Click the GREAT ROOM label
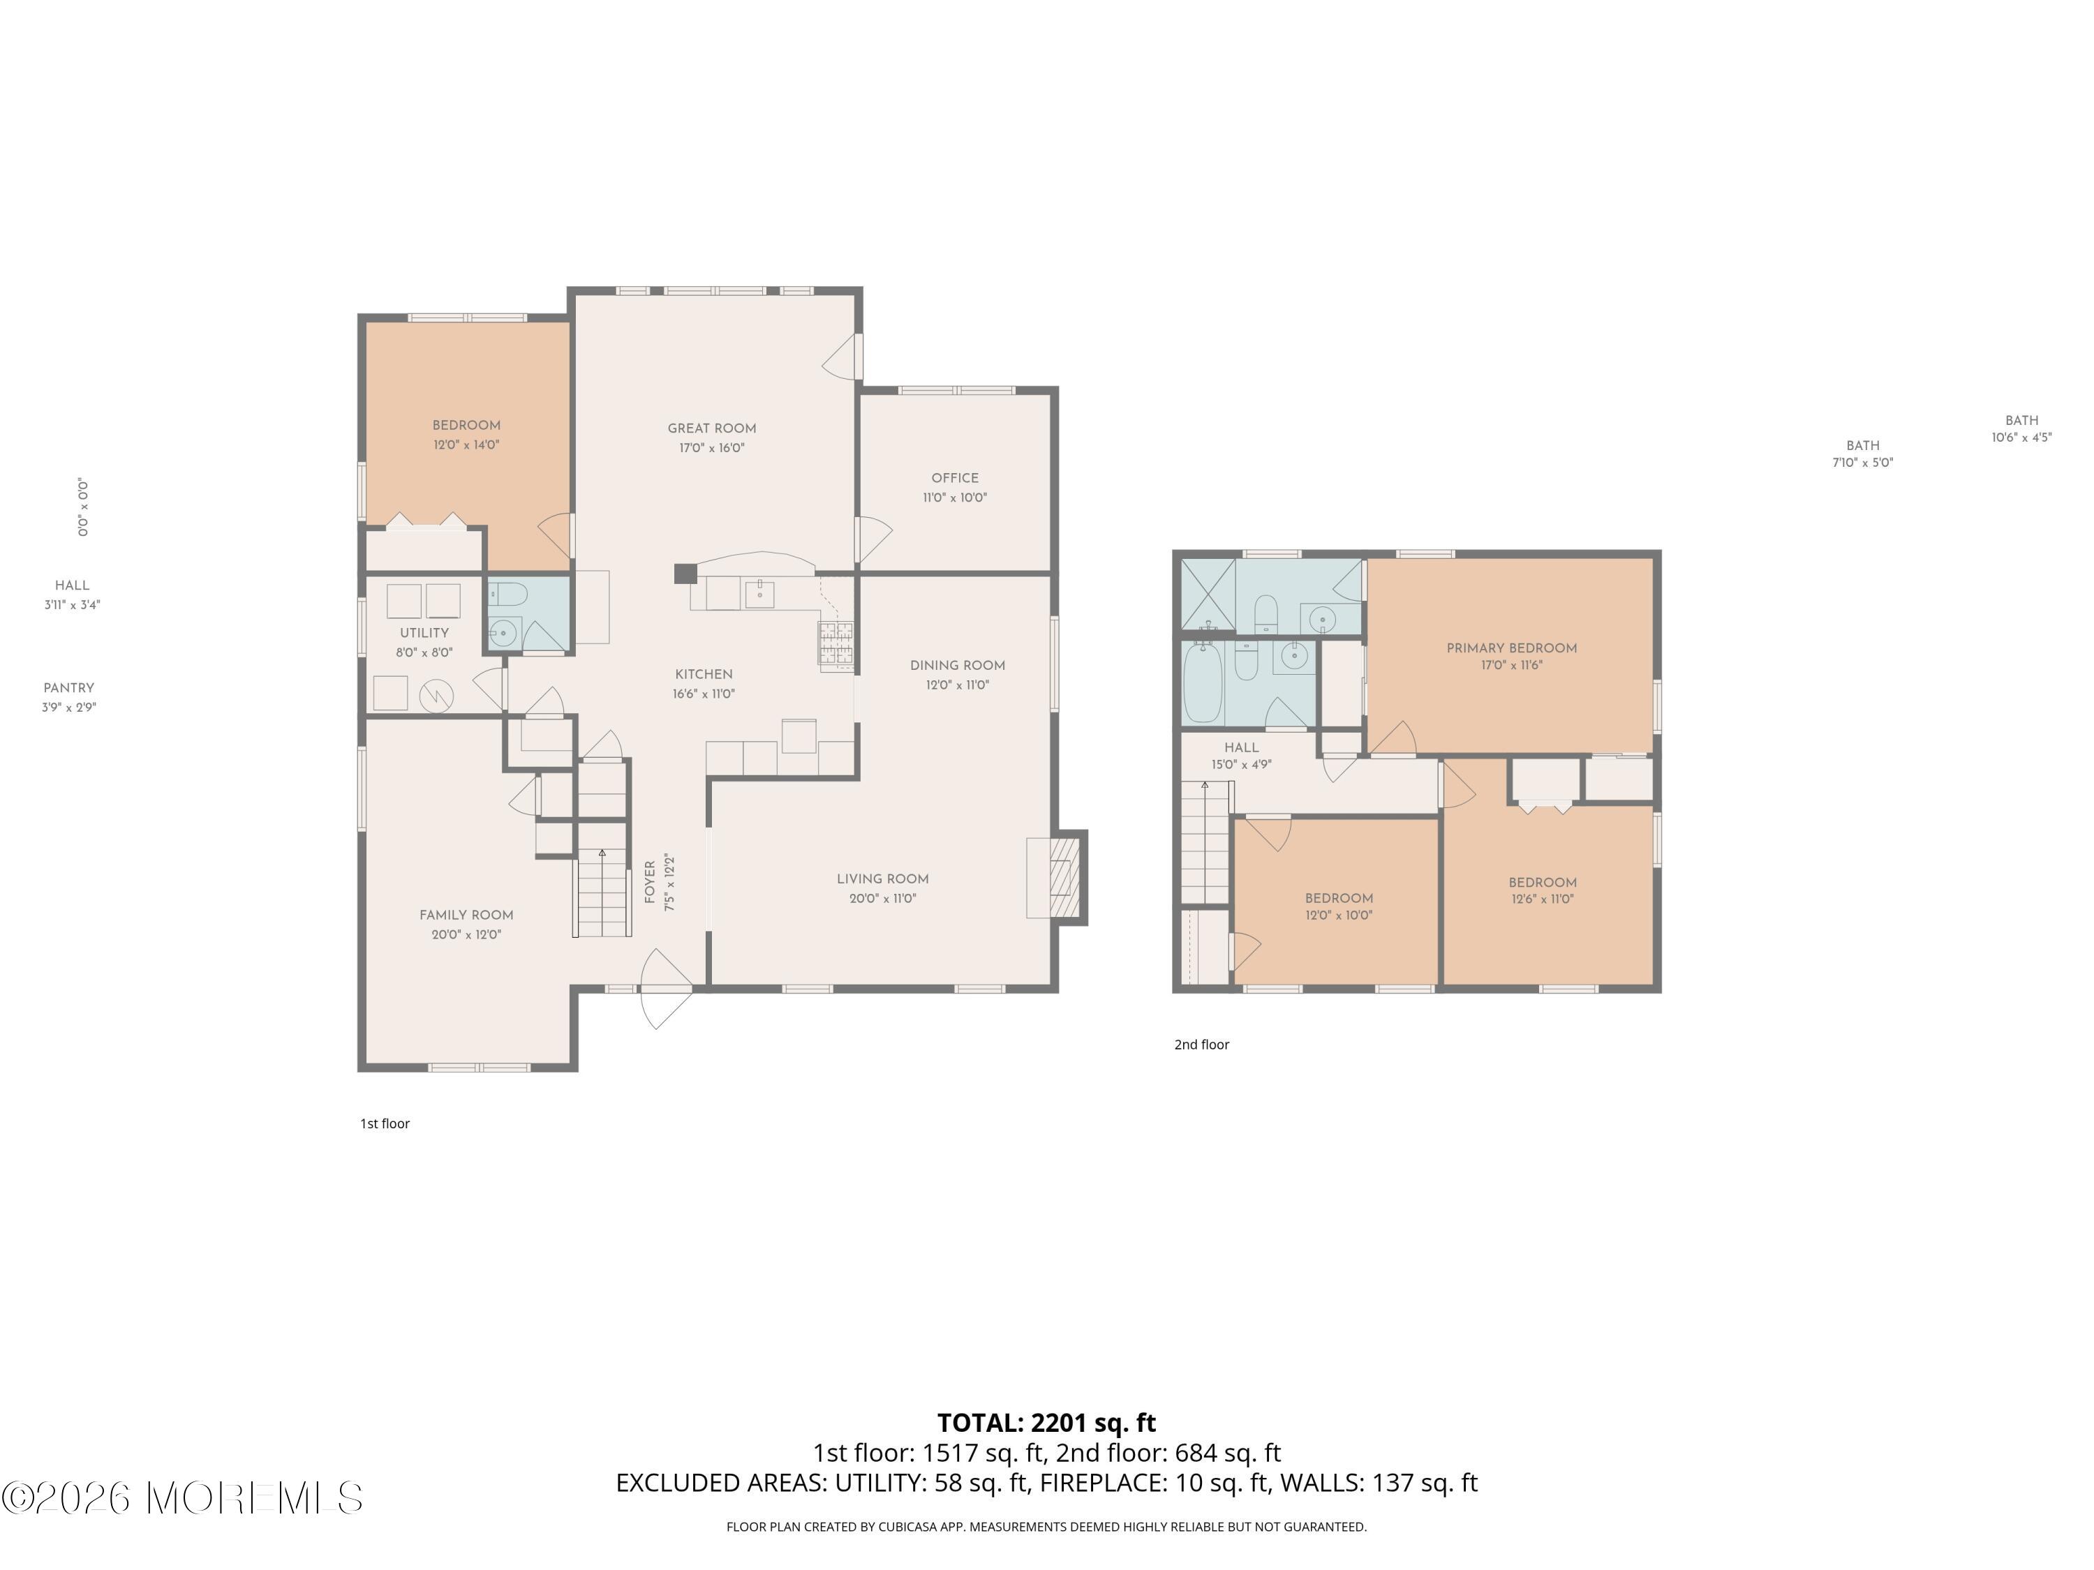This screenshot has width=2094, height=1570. (711, 428)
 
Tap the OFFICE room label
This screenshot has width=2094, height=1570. (954, 478)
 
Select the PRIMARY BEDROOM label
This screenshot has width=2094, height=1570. (1511, 648)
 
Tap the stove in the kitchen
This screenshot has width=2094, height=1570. (836, 645)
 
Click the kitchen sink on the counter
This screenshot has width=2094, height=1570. (759, 595)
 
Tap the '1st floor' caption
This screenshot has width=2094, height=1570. (385, 1123)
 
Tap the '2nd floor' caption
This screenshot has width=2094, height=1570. (1201, 1045)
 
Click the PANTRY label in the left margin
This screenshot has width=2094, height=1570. (69, 688)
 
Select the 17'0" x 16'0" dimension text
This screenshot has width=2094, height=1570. (711, 449)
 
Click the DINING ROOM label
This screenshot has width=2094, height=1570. (957, 665)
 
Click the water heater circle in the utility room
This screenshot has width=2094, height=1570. (436, 696)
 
